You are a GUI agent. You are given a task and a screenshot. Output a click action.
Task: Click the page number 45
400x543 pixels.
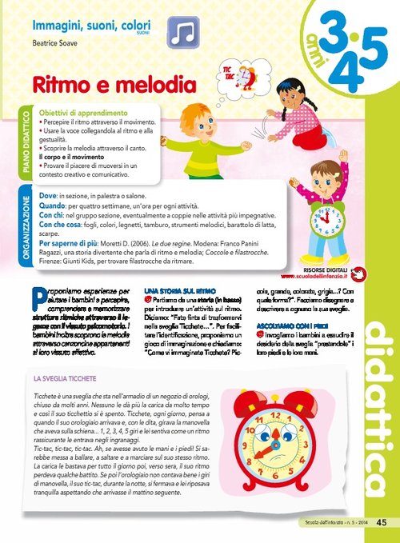pyautogui.click(x=381, y=522)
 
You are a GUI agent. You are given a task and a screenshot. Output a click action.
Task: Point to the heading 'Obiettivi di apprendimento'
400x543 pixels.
pyautogui.click(x=75, y=113)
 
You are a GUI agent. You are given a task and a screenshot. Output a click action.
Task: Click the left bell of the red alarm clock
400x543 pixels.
pyautogui.click(x=246, y=399)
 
